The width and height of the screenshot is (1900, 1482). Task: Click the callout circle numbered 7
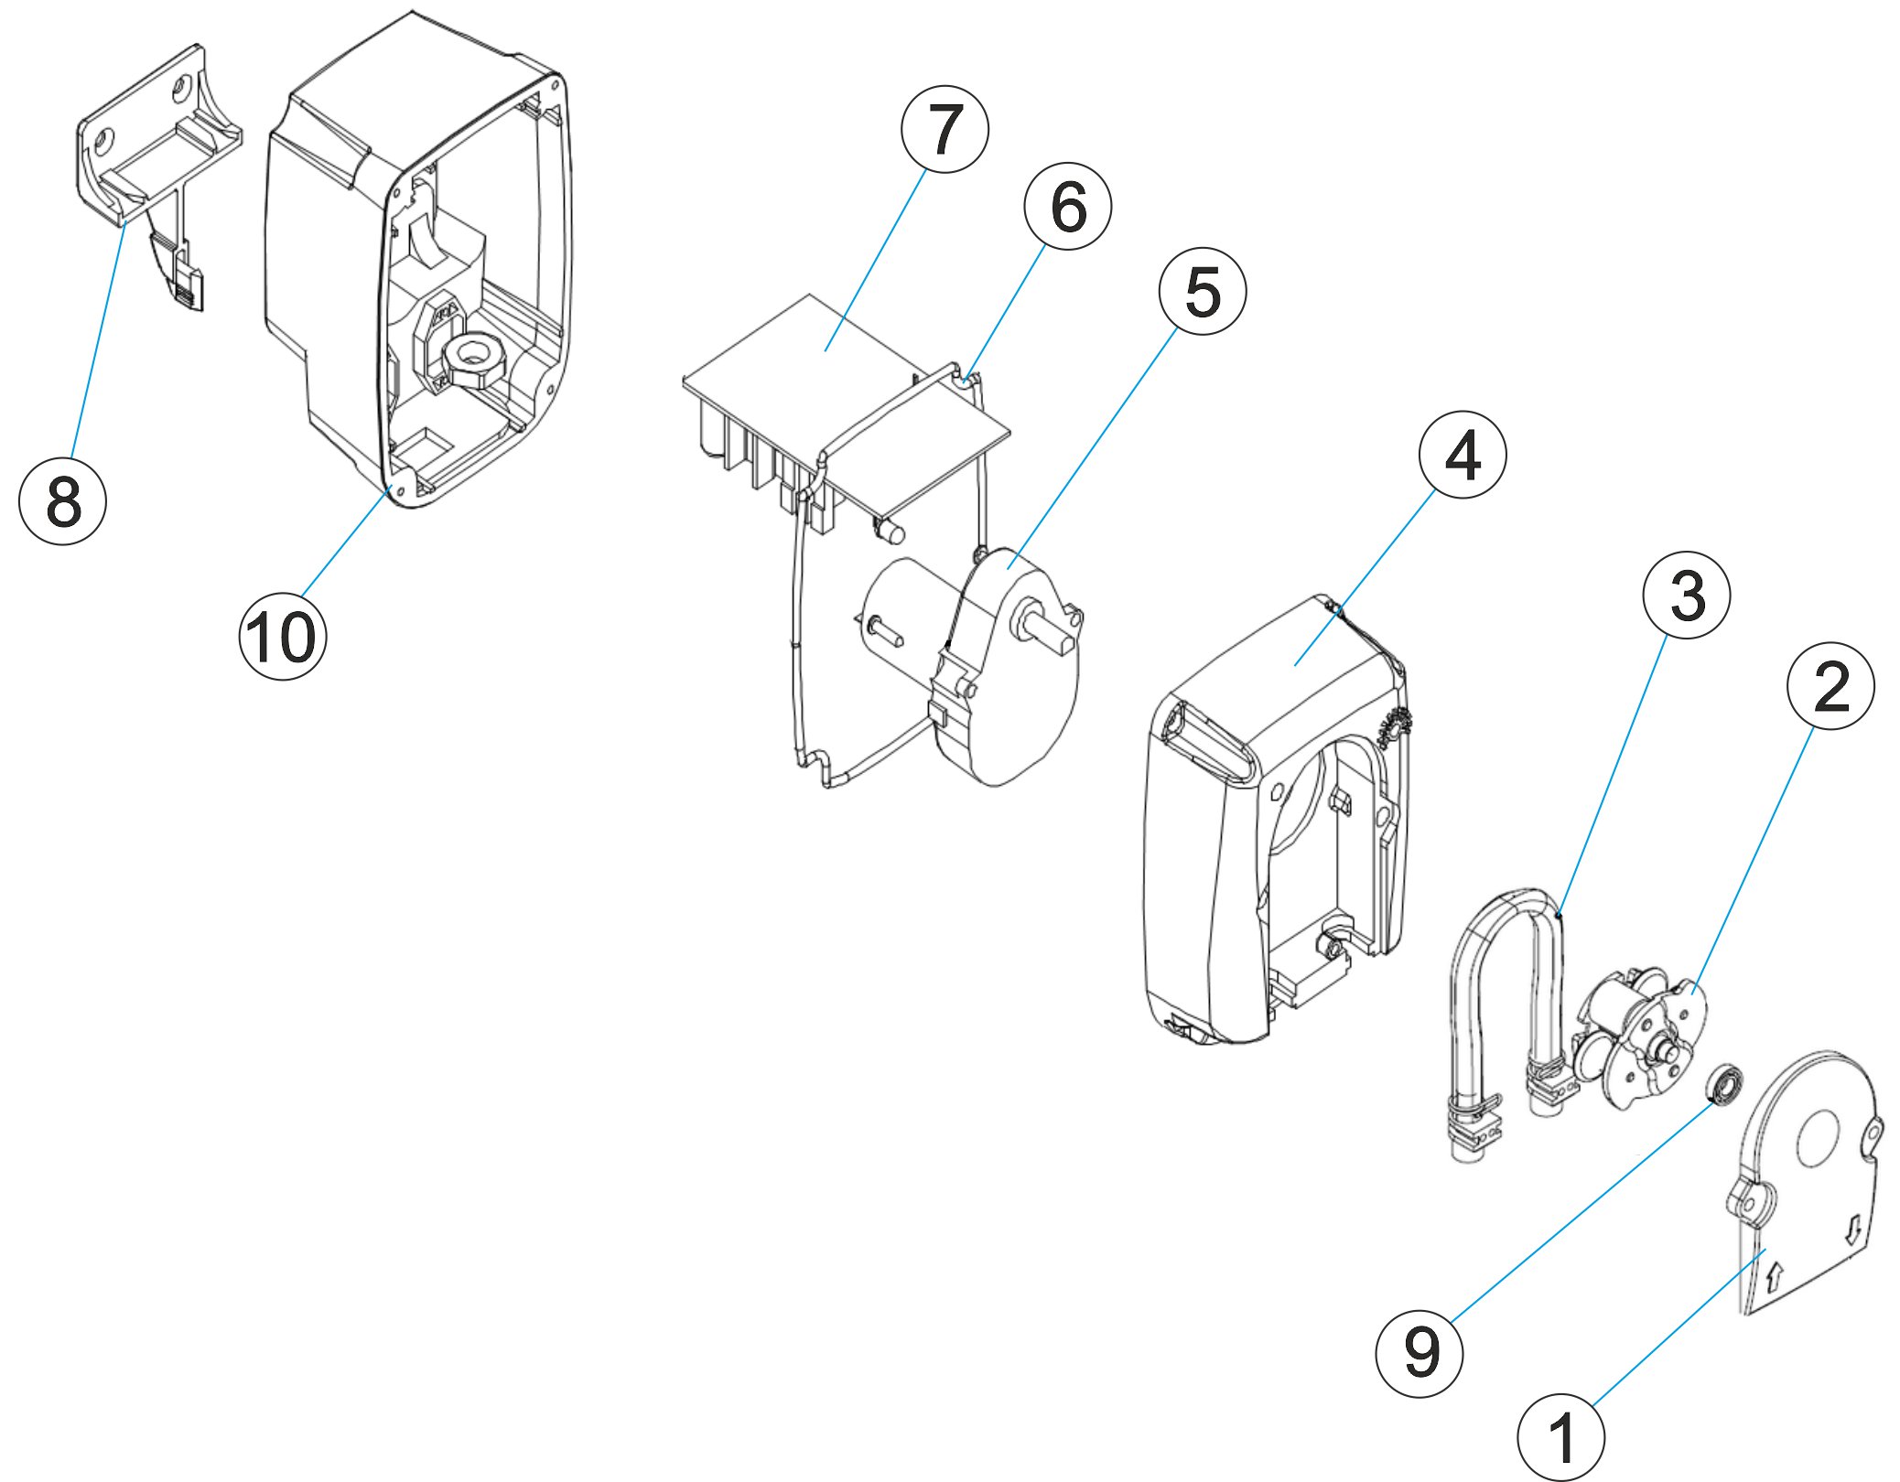[945, 130]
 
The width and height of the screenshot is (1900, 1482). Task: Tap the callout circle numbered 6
[1067, 207]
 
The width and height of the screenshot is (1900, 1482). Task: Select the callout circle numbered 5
[1202, 292]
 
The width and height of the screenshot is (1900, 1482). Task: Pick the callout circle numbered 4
[1462, 455]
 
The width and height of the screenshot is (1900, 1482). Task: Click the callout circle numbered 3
[1686, 596]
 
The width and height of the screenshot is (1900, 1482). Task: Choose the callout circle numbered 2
[1830, 686]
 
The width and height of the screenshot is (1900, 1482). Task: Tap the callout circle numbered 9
[1419, 1353]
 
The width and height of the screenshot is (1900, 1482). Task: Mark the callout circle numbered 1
[1560, 1436]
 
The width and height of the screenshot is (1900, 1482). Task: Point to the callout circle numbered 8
[62, 501]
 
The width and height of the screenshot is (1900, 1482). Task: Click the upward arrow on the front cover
[1775, 1276]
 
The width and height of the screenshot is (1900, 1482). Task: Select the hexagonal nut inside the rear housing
[471, 359]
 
